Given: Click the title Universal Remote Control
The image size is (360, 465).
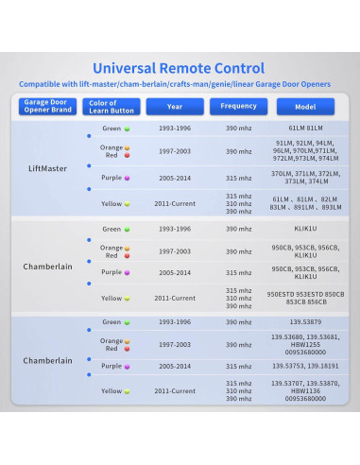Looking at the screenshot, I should [180, 68].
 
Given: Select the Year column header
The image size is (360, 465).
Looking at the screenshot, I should [175, 107].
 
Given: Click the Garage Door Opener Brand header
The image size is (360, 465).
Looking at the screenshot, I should [47, 107].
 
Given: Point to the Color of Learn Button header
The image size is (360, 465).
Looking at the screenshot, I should [110, 107].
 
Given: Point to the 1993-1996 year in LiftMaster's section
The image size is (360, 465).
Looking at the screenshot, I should [175, 127].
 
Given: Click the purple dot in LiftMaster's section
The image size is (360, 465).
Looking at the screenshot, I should [127, 178].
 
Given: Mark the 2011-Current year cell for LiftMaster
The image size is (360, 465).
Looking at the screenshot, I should [175, 203].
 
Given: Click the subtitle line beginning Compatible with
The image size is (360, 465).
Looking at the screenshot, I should [180, 85].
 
